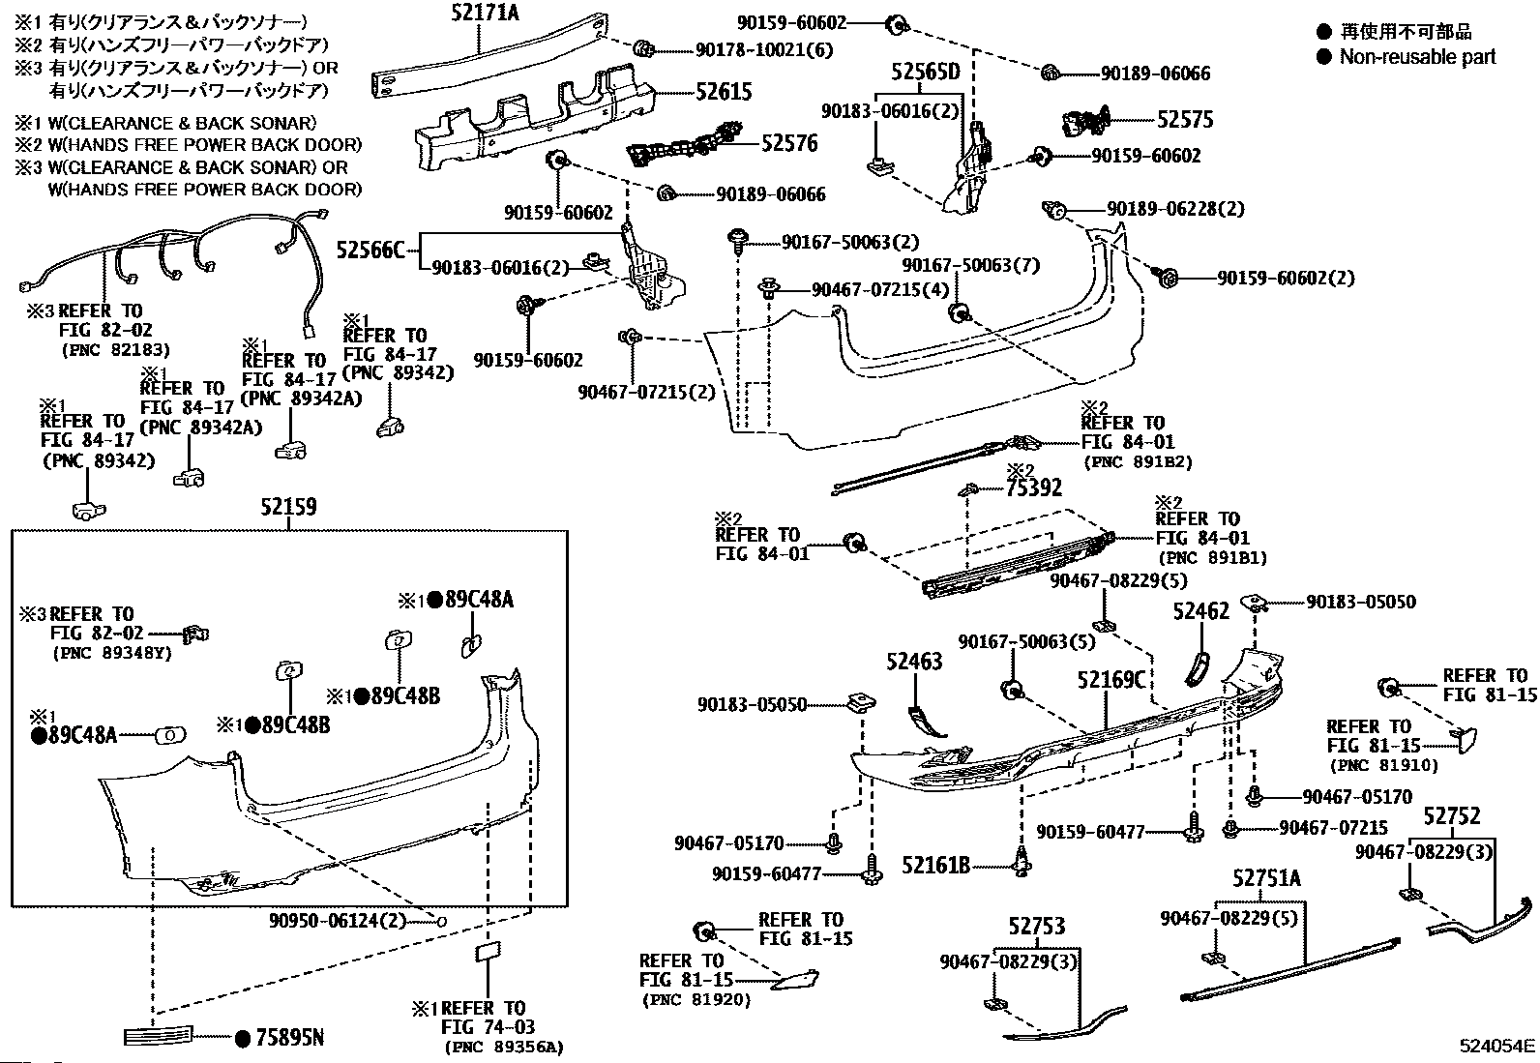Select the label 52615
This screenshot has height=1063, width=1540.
click(x=724, y=92)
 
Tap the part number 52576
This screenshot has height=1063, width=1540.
click(x=789, y=143)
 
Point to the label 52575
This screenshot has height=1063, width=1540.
click(x=1185, y=120)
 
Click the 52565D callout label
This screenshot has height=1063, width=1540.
click(x=926, y=72)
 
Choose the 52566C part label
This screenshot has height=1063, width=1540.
click(x=370, y=249)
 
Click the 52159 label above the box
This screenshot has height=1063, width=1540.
click(x=288, y=507)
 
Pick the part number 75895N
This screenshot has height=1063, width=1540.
click(x=289, y=1038)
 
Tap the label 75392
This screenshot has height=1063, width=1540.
click(x=1033, y=487)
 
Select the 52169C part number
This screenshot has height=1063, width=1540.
click(x=1111, y=680)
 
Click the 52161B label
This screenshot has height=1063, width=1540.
click(x=935, y=865)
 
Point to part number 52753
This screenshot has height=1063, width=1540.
click(x=1037, y=927)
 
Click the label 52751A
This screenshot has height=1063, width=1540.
click(x=1266, y=878)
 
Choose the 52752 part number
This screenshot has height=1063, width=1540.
click(x=1451, y=816)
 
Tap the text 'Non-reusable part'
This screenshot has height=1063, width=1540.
click(x=1417, y=56)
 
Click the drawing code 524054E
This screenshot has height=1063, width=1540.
click(x=1496, y=1046)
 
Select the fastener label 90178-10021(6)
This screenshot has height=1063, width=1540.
click(x=764, y=49)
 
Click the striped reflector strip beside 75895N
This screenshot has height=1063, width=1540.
click(x=158, y=1036)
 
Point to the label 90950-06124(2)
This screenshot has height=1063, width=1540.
click(x=338, y=920)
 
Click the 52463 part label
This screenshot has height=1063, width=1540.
click(x=914, y=662)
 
